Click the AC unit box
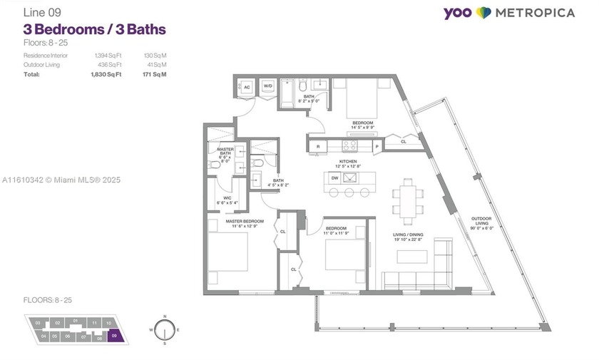tap(247, 88)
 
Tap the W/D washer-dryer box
tap(268, 87)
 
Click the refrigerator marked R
tap(317, 146)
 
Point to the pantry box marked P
tap(377, 146)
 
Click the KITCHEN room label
tap(348, 163)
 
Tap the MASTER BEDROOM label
tap(245, 222)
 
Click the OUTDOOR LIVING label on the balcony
tap(483, 222)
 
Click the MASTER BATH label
tap(225, 153)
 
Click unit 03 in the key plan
tap(37, 323)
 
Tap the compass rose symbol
tap(165, 331)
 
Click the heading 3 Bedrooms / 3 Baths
tap(95, 29)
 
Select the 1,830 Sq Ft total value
tap(108, 74)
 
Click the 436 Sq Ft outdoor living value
tap(108, 65)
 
